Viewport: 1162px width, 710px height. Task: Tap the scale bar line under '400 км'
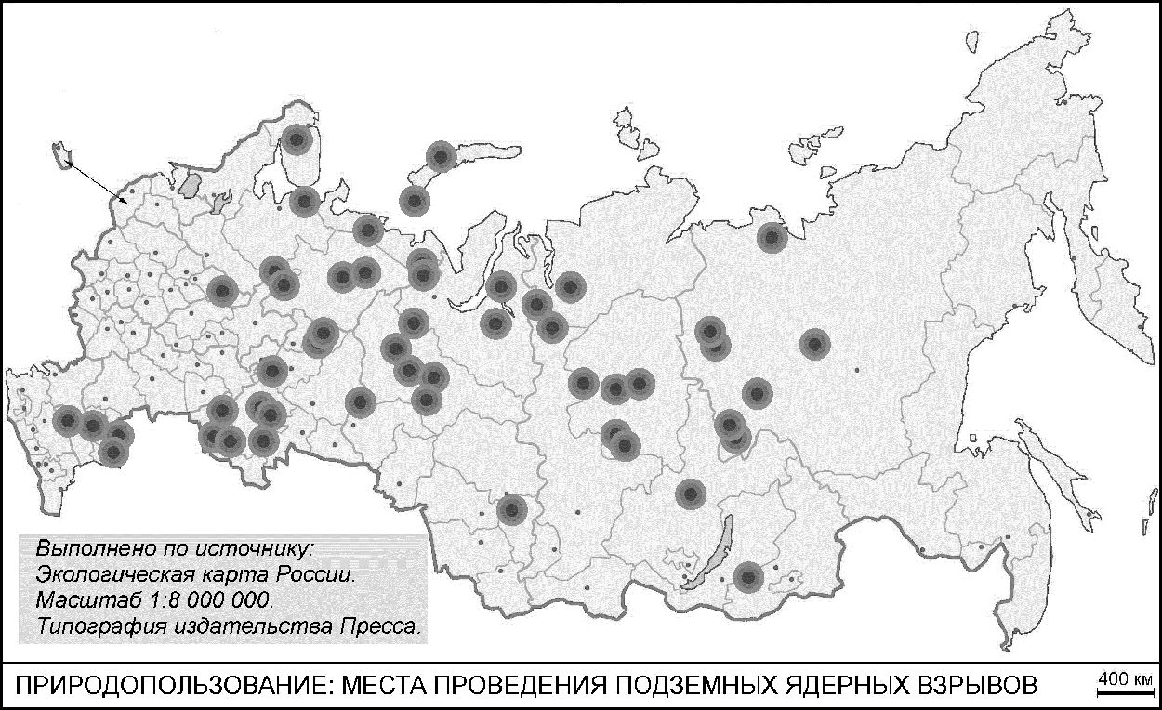coord(1126,691)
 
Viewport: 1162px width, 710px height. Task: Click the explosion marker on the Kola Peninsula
coord(297,140)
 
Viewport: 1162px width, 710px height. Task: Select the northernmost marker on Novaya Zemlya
coord(441,156)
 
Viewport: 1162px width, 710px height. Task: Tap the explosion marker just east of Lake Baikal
coord(747,578)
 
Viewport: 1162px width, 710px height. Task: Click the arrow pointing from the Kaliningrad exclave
coord(99,179)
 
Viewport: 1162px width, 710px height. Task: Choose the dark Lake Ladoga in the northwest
coord(191,182)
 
